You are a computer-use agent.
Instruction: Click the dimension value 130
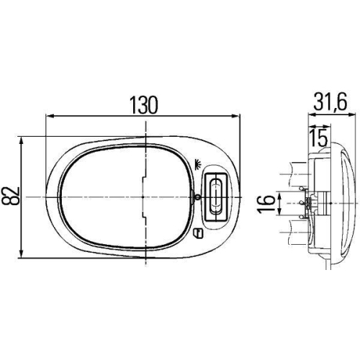click(x=143, y=104)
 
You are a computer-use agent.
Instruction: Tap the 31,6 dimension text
click(x=330, y=103)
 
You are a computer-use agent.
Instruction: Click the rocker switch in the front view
click(x=215, y=196)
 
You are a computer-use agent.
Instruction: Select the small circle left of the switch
click(x=197, y=197)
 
